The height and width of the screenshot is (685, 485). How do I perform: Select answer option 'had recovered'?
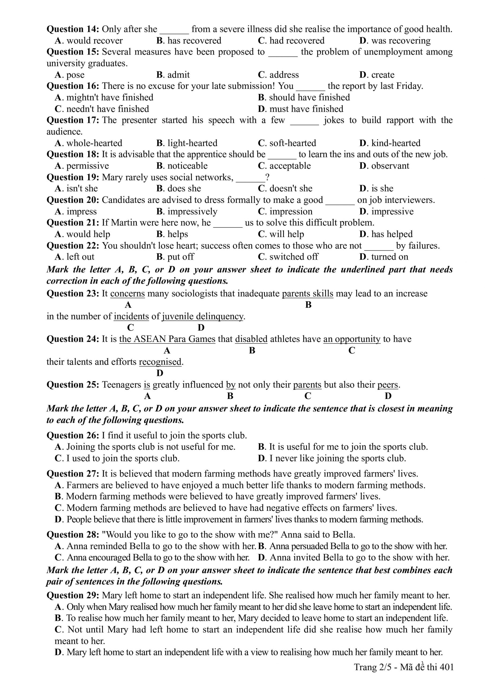[296, 41]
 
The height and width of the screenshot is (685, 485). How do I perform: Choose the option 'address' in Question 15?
[284, 75]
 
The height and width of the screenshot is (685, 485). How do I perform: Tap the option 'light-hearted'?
[192, 143]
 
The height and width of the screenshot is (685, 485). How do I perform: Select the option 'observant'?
[390, 166]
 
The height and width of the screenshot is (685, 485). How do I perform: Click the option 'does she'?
[184, 188]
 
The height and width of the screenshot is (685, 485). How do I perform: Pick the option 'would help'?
[88, 234]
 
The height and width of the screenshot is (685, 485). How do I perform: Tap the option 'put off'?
[181, 257]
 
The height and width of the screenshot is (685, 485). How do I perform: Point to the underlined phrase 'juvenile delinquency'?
[203, 316]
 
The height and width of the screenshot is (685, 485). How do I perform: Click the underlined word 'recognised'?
[160, 362]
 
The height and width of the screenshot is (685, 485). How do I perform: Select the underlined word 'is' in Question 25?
[147, 385]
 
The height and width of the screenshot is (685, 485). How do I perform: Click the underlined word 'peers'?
[388, 385]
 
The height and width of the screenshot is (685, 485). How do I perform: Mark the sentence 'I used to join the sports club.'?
[123, 458]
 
